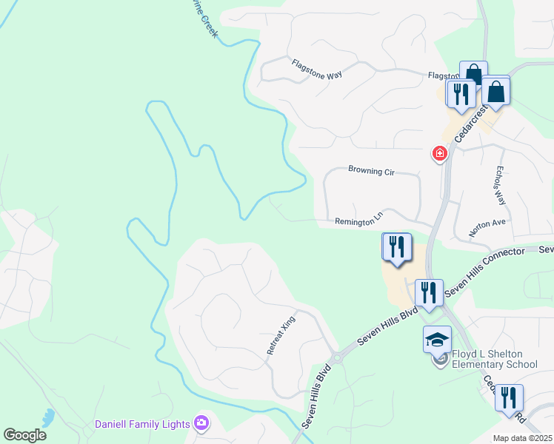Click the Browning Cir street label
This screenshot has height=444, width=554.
(371, 171)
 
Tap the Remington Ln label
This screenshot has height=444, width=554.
(358, 219)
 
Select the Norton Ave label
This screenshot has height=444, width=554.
(487, 227)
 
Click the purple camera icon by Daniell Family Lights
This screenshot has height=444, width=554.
(201, 423)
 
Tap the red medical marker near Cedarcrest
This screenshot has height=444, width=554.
(439, 154)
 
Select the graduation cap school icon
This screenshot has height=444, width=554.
(437, 340)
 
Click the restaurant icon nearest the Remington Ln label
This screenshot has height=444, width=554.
(397, 247)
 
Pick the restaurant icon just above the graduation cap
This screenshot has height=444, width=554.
(429, 293)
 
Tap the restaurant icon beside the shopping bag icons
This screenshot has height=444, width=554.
(460, 95)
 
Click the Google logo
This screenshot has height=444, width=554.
(24, 435)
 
